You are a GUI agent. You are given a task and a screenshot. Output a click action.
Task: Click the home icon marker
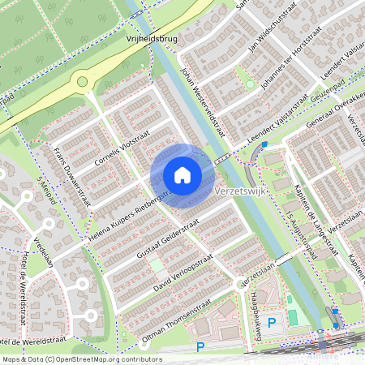tap(182, 174)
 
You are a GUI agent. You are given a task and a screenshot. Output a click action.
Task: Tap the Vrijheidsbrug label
tap(152, 37)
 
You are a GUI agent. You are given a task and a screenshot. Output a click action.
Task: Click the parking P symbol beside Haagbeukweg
tap(272, 322)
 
